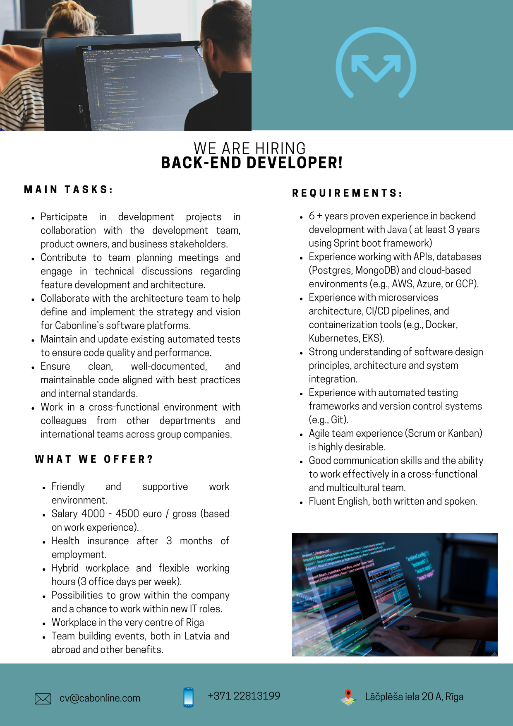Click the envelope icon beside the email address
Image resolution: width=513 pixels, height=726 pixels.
point(43,699)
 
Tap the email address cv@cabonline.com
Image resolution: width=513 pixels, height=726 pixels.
point(100,698)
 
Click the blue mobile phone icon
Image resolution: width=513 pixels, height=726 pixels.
point(188,697)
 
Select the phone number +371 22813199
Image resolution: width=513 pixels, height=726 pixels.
point(244,696)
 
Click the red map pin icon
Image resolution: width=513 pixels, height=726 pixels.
point(348,695)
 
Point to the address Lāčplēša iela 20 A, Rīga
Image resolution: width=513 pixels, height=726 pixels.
point(414,697)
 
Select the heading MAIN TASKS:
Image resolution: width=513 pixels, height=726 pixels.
point(68,190)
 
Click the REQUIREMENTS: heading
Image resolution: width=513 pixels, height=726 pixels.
point(347,193)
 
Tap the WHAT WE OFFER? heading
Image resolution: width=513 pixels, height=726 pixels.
point(94,459)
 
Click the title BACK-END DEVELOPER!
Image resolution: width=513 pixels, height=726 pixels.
point(252,163)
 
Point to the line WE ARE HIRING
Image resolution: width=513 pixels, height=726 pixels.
point(249,148)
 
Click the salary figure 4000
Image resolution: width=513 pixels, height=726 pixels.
point(93,514)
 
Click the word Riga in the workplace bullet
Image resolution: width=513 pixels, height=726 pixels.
point(194,623)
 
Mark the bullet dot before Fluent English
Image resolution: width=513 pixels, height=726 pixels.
point(301,502)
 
